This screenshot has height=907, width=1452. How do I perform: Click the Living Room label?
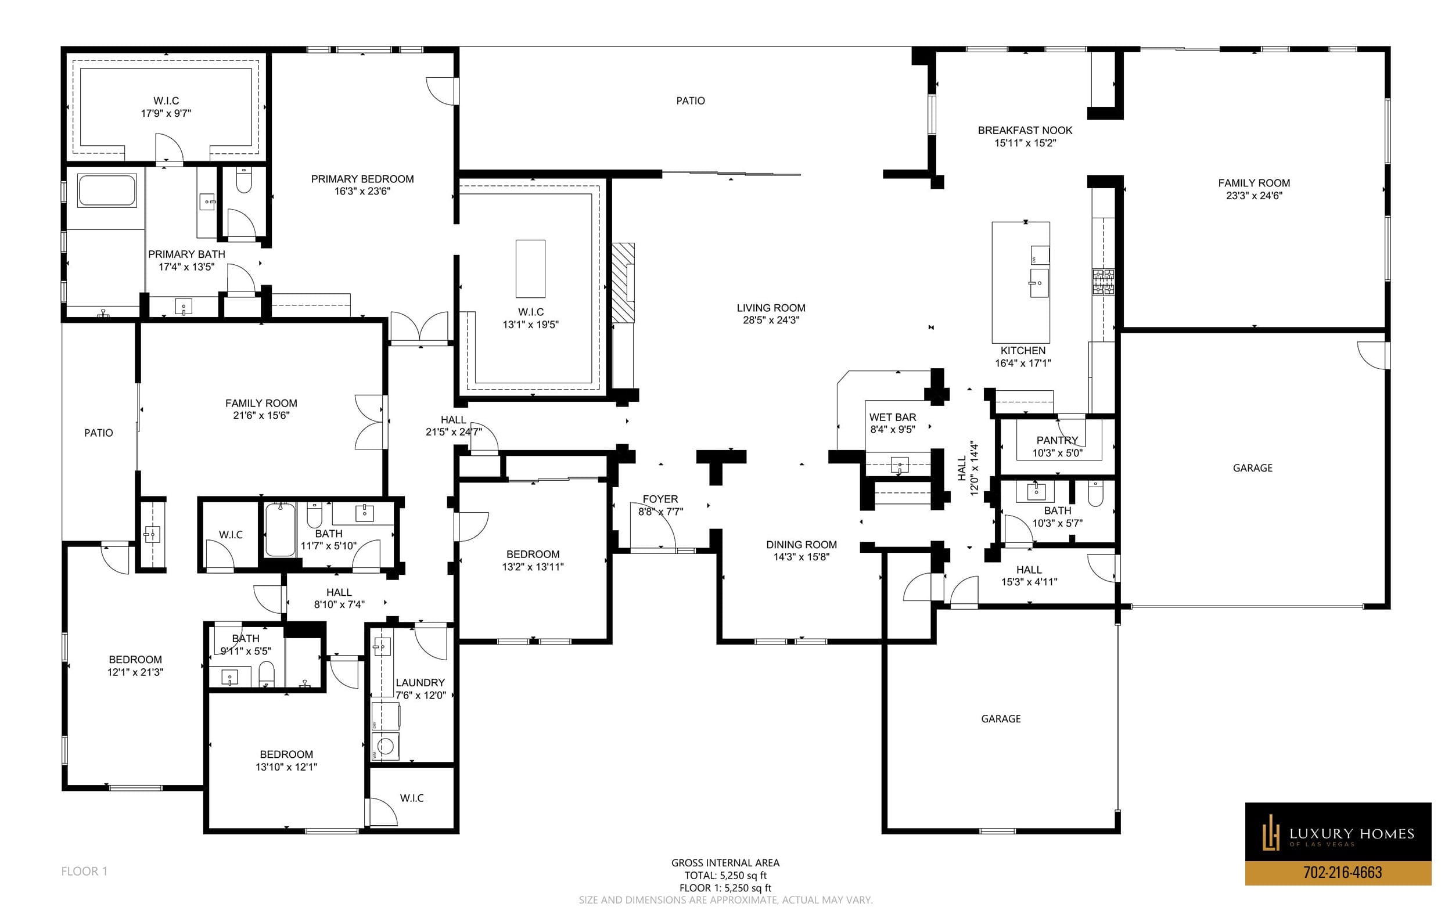coord(771,308)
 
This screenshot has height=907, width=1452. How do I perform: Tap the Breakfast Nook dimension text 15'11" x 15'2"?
coord(1025,143)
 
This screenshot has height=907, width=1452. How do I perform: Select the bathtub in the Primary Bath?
coord(107,190)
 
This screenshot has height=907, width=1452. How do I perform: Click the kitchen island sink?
coord(1038,283)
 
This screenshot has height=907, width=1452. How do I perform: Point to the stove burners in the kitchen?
coord(1104,282)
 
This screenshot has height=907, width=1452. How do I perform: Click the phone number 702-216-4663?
coord(1342,872)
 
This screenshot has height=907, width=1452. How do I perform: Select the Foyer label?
coord(660,499)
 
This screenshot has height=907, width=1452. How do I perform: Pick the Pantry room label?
coord(1057,440)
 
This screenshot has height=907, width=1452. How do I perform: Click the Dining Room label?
coord(801,545)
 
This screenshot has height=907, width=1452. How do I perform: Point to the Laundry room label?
coord(420,683)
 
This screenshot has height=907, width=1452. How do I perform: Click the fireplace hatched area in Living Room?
coord(623,282)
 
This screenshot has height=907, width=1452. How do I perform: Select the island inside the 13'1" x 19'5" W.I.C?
coord(530,269)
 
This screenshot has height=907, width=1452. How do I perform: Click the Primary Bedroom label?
coord(362,179)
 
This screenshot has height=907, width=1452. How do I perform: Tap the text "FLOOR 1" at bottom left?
coord(85,871)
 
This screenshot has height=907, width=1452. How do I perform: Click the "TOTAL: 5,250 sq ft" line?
coord(725,875)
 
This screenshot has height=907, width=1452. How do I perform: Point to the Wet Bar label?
coord(893,417)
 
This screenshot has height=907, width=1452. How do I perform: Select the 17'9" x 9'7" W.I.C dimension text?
coord(166,113)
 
